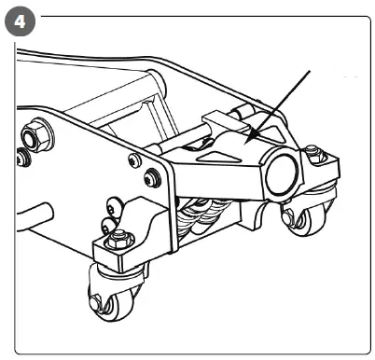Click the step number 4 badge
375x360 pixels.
coord(20,20)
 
